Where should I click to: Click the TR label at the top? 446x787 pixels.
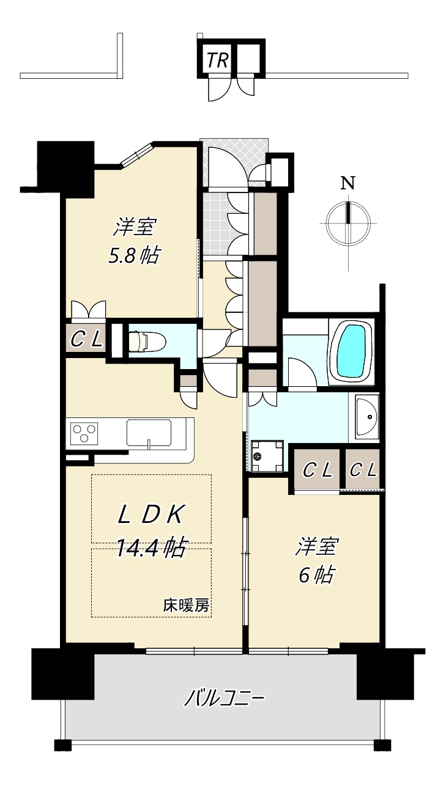coord(217,60)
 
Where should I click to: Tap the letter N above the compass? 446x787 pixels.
coord(348,183)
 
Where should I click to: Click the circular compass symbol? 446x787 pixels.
coord(348,224)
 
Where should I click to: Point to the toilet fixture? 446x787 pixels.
coord(147,341)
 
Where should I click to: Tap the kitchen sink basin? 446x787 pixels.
coord(149,433)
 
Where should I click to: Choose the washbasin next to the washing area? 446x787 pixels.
coord(366,417)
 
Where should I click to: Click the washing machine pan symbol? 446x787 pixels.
coord(267,456)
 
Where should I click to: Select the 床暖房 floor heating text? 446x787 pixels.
coord(186,606)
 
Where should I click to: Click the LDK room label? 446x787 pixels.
coord(151,516)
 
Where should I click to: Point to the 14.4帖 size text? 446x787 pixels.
coord(151,547)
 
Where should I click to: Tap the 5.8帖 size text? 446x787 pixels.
coord(133,255)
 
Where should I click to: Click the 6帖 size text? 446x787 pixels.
coord(316,576)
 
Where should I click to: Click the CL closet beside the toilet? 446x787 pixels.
coord(86,339)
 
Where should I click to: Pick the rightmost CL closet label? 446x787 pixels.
coord(363,470)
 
